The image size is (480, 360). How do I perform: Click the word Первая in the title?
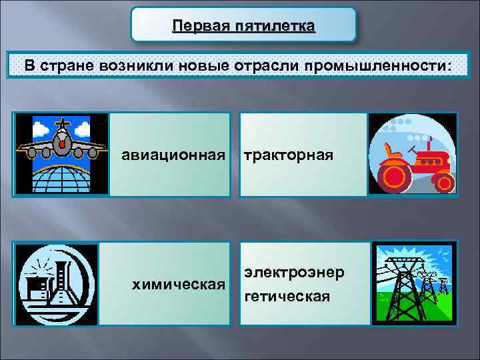coord(198,26)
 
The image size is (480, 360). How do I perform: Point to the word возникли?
coord(134,67)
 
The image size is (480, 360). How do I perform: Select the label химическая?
coord(178,285)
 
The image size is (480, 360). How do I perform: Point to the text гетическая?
coord(287,295)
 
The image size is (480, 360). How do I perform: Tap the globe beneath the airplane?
coord(61,178)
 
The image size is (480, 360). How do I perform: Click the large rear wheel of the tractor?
coord(395,175)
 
